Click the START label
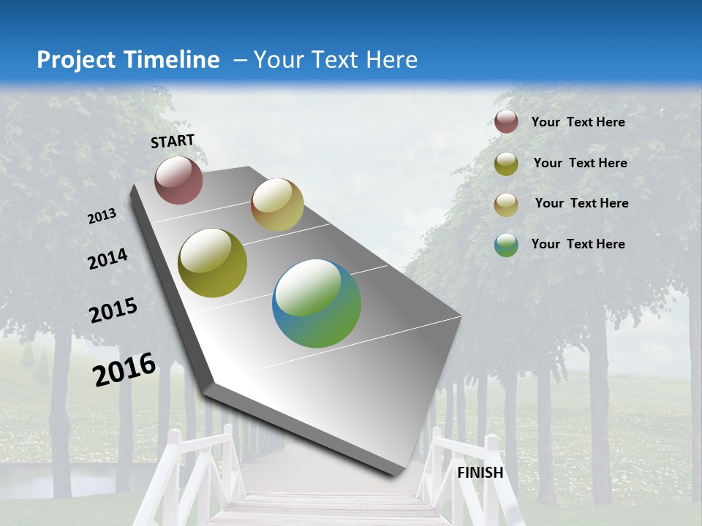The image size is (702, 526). [173, 141]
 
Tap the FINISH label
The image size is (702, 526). [480, 473]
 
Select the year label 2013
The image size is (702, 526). [102, 216]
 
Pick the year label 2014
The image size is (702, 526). [107, 259]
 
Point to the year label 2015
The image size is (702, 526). [113, 310]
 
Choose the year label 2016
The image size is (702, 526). [124, 369]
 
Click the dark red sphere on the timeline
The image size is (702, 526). [178, 180]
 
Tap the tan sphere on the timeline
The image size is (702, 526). [277, 205]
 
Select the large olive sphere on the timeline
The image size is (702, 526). [213, 263]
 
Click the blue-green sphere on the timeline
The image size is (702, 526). [317, 303]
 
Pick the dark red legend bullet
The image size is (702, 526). [506, 122]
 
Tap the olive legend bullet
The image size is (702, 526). [506, 164]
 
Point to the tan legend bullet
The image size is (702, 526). [506, 204]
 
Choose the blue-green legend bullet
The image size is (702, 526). [506, 245]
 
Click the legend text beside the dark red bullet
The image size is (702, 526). [578, 123]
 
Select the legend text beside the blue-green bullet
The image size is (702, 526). [578, 244]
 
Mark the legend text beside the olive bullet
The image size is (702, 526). [580, 163]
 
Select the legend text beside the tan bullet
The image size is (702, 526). [581, 203]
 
